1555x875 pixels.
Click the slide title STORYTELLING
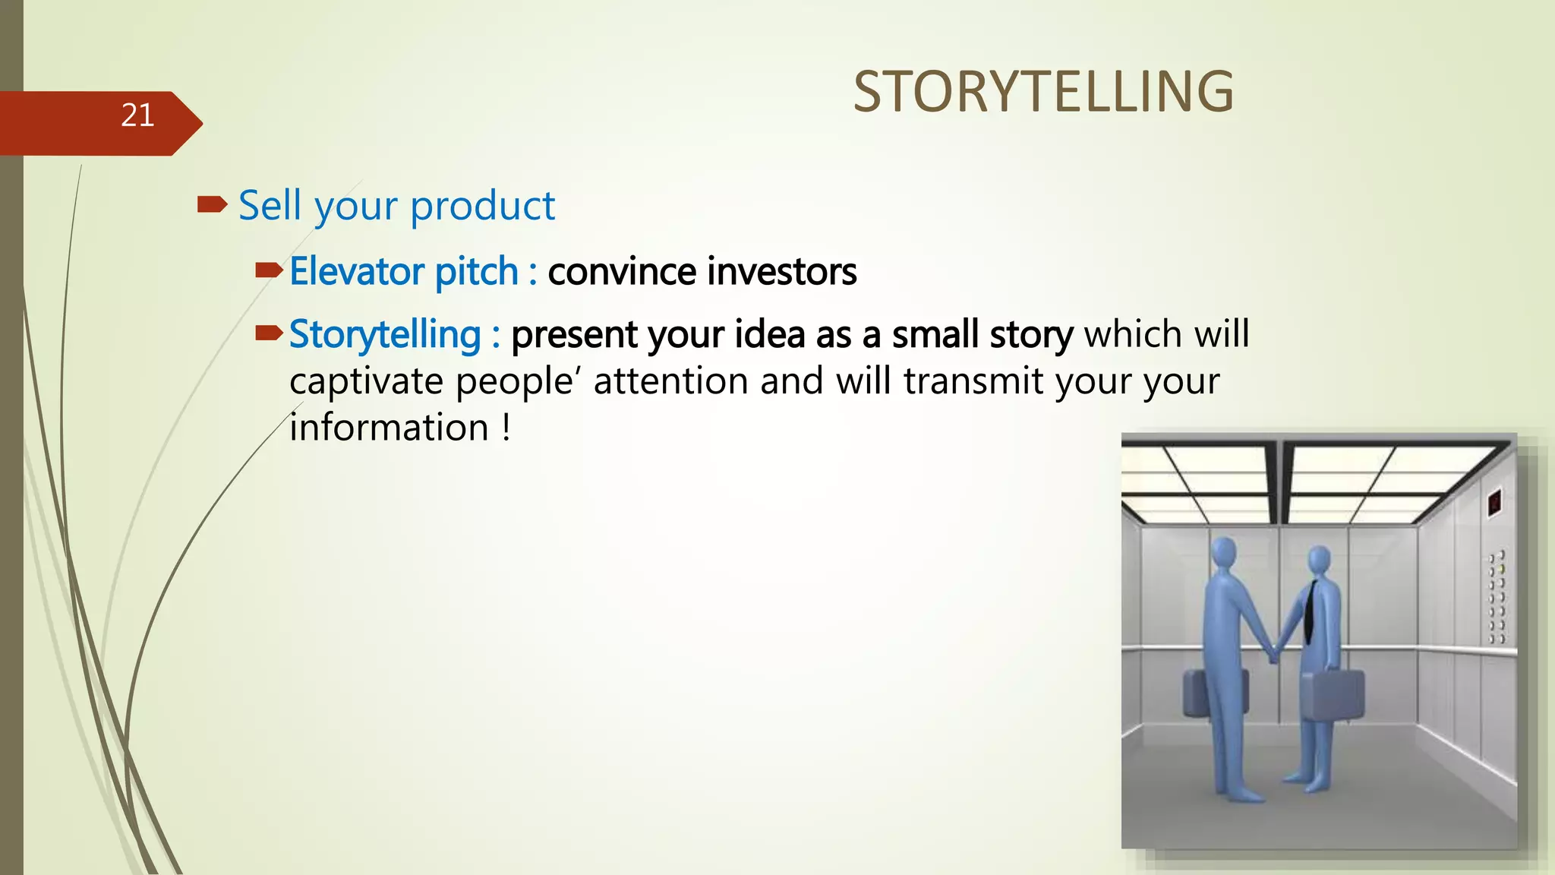click(x=1043, y=92)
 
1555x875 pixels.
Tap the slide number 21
click(x=137, y=115)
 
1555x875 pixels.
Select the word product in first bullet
click(x=483, y=207)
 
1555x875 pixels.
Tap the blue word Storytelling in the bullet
click(x=385, y=334)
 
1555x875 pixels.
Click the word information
click(x=389, y=428)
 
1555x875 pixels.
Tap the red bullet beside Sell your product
click(x=212, y=204)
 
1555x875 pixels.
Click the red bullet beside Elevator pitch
click(x=269, y=270)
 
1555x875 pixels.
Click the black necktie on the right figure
click(x=1311, y=612)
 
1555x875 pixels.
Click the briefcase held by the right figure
click(x=1332, y=693)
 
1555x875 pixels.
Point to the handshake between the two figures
click(x=1273, y=652)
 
